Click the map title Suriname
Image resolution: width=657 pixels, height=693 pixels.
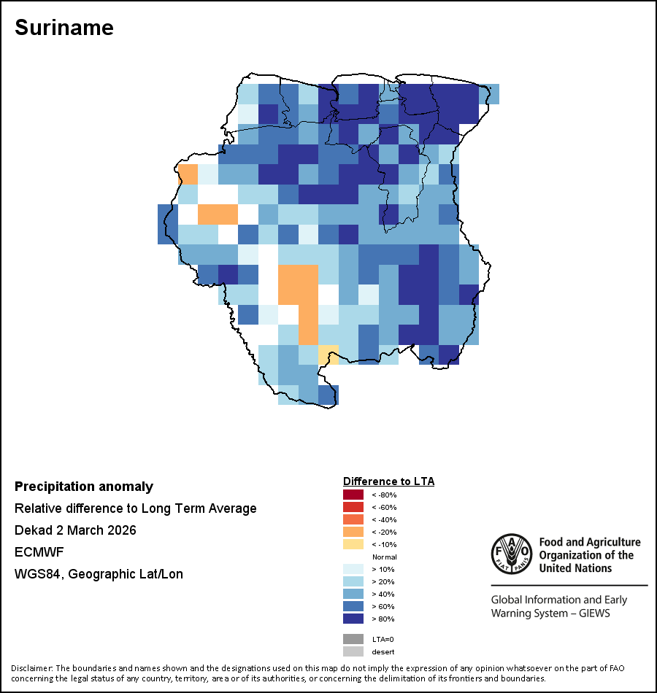coord(64,28)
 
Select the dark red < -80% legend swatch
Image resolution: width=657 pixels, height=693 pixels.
coord(353,495)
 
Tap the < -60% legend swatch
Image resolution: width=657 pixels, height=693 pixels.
coord(353,508)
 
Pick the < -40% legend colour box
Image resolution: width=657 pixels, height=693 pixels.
coord(353,520)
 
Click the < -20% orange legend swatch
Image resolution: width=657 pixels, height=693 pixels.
coord(353,533)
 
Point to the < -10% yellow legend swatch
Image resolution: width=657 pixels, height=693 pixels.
coord(353,545)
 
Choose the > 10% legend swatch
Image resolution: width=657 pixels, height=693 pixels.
coord(353,570)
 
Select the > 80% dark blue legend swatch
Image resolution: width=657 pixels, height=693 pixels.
coord(353,619)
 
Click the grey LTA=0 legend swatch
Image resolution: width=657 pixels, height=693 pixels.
coord(353,639)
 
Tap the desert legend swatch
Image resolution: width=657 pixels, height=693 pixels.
coord(353,651)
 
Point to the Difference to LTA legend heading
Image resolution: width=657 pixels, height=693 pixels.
coord(388,481)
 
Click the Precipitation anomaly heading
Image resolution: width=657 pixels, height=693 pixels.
coord(84,487)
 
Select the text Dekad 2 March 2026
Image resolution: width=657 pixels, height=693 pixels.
coord(75,530)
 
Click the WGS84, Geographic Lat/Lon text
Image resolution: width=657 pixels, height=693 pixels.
coord(99,574)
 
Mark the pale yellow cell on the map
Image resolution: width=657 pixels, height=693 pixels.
coord(328,355)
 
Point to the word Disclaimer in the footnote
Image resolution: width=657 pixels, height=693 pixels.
coord(31,668)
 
